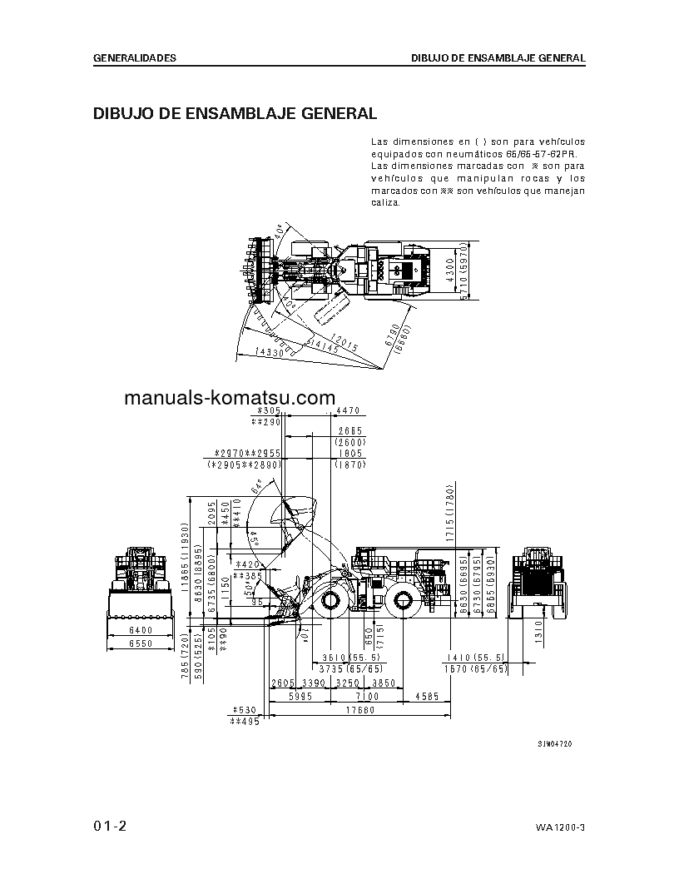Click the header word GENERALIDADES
(134, 58)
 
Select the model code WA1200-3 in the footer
(561, 827)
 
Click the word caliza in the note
(384, 202)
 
